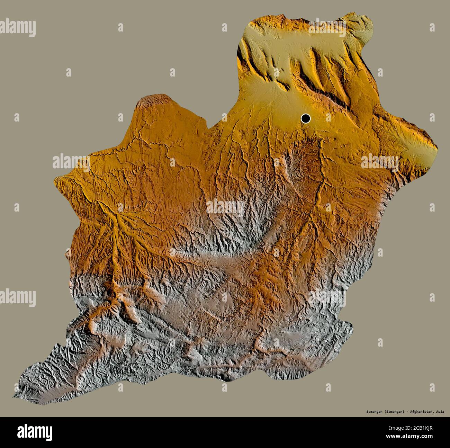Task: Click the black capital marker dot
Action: click(305, 119)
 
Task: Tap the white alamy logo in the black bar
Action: click(35, 432)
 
